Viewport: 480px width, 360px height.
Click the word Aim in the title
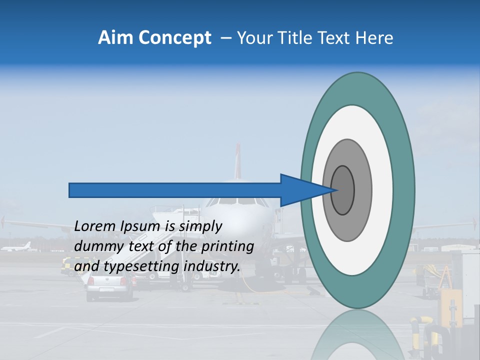click(x=115, y=38)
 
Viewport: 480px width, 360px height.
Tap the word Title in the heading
click(x=292, y=38)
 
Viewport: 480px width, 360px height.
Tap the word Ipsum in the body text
click(x=138, y=227)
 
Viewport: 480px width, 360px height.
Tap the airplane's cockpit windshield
click(x=238, y=201)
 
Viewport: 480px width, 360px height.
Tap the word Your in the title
click(x=252, y=38)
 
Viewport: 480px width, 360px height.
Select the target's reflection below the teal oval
click(x=357, y=335)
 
